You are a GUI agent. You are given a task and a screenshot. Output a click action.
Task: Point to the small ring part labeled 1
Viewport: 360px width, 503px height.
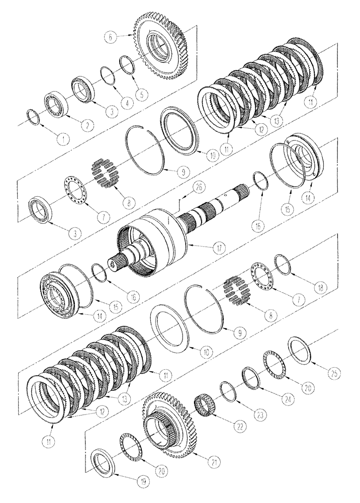34,118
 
